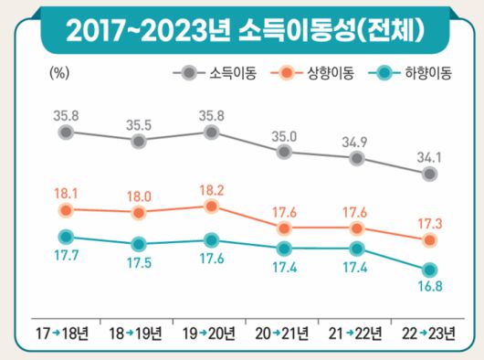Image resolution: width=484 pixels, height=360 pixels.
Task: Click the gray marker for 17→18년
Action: (65, 132)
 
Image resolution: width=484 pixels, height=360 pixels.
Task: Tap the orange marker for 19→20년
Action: (211, 206)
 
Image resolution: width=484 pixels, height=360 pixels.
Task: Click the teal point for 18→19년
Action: (138, 244)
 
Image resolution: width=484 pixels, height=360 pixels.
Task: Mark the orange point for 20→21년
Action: (284, 227)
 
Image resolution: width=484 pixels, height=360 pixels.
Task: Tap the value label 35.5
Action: (137, 121)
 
